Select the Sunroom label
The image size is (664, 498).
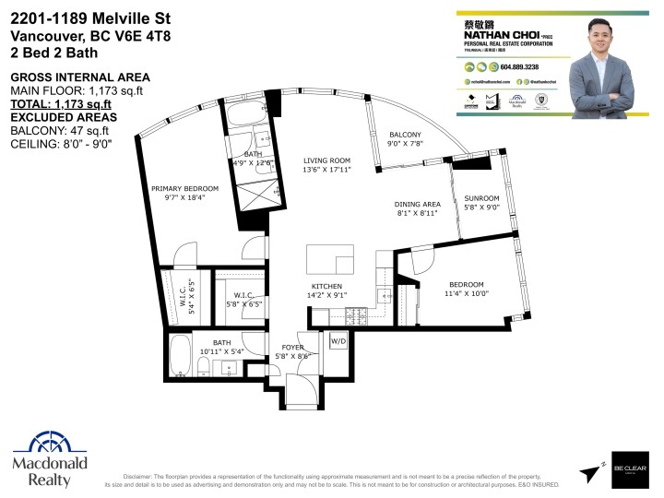(481, 198)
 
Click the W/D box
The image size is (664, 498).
(338, 341)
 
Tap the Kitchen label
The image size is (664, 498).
(327, 286)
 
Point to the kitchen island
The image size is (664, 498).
(330, 256)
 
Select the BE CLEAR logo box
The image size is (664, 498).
(631, 471)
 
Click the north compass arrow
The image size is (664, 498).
(590, 473)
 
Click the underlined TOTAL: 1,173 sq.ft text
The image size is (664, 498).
(63, 104)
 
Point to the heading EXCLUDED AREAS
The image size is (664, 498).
(64, 117)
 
